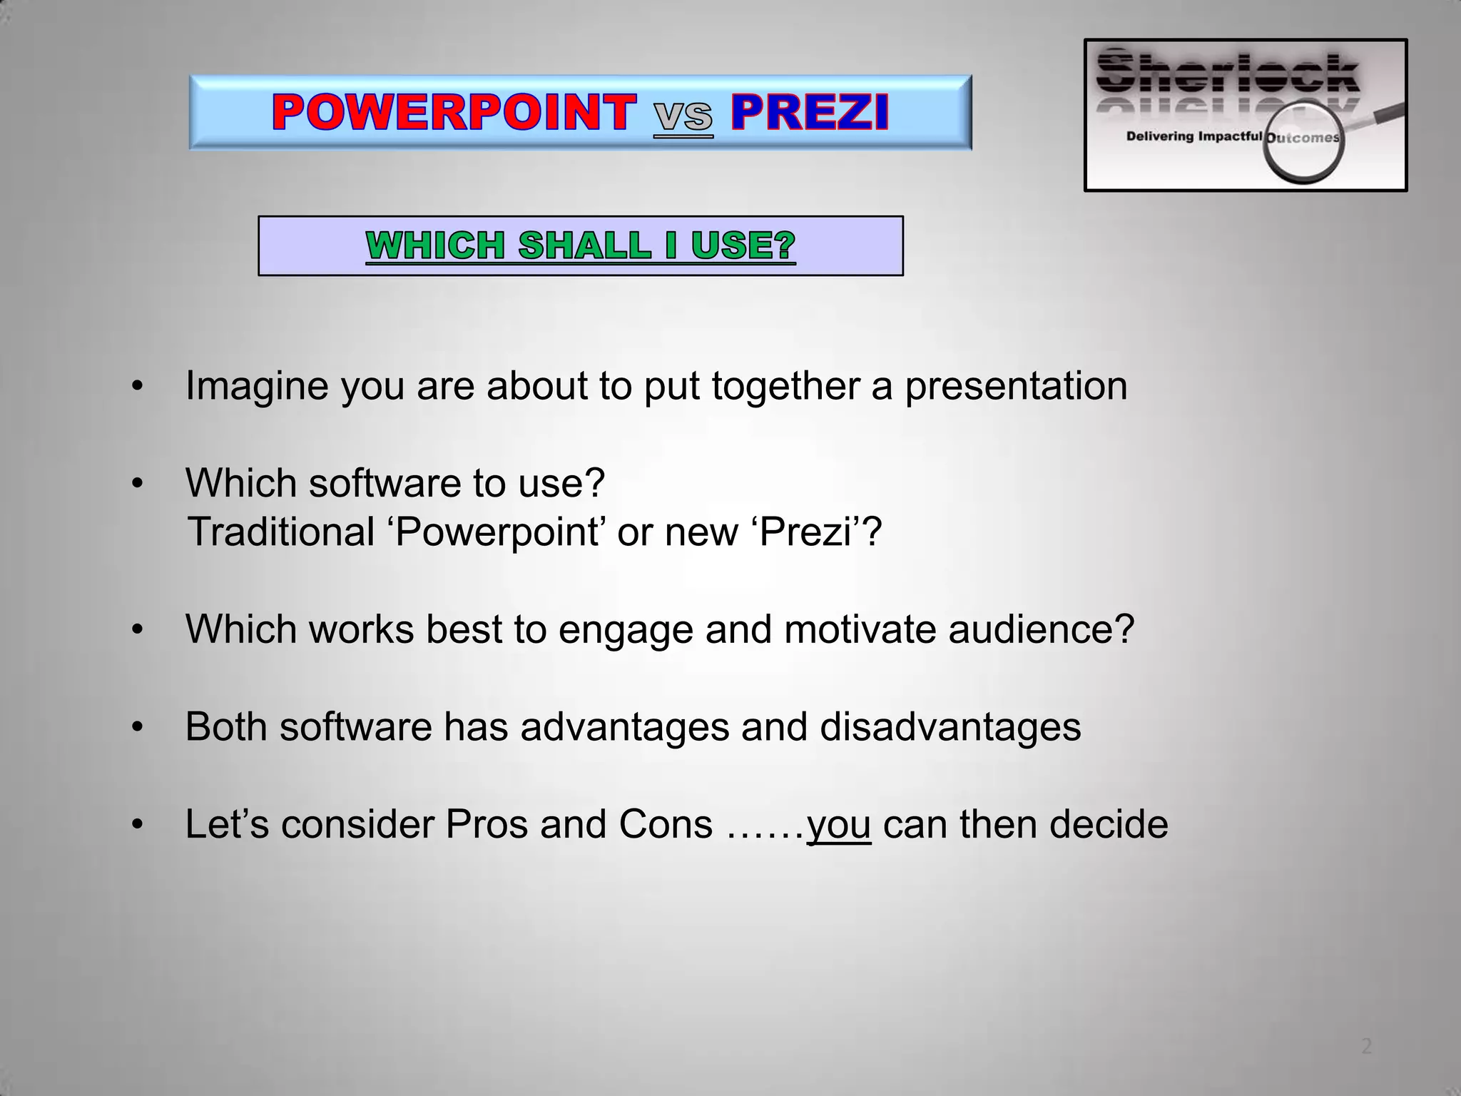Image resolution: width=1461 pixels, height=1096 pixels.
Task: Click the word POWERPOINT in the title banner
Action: point(454,113)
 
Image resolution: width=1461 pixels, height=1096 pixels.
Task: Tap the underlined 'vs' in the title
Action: point(683,116)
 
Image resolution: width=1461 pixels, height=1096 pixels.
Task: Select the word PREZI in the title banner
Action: point(810,113)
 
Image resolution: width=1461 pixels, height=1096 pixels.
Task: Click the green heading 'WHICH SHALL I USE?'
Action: point(580,245)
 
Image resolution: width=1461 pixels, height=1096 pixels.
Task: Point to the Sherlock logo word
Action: point(1227,75)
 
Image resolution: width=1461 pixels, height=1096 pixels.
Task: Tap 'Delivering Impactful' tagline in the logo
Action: point(1193,136)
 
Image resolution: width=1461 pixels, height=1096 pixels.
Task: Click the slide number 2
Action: point(1366,1047)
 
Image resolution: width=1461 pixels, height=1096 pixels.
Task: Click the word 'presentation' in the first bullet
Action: point(1016,387)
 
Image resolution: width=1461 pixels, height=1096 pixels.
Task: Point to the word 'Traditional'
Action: point(280,532)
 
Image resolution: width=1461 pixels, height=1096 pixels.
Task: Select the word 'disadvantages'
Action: point(950,727)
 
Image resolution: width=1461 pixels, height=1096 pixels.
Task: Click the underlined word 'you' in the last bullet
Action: point(839,825)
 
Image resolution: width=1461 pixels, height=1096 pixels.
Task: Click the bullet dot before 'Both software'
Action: point(138,729)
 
